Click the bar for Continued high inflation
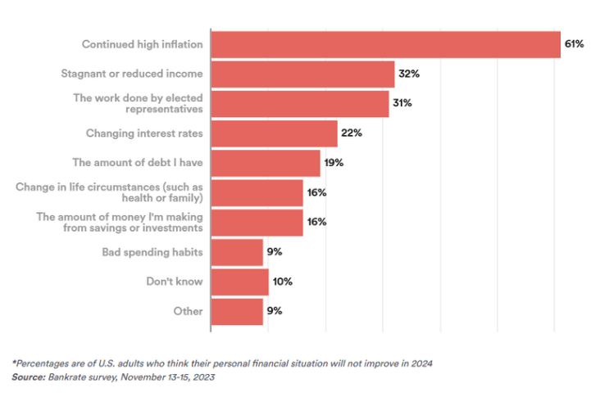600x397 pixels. tap(385, 44)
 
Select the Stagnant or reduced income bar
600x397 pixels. tap(302, 74)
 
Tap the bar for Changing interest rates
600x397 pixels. tap(274, 133)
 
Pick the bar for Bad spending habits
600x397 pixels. tap(237, 252)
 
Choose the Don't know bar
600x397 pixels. tap(239, 282)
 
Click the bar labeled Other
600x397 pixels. tap(237, 311)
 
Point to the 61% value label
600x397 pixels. tap(574, 44)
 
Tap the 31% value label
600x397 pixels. tap(402, 103)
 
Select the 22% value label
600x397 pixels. tap(351, 133)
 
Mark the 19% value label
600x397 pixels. tap(333, 163)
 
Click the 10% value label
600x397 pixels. tap(282, 282)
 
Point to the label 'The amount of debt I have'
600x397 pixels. tap(137, 163)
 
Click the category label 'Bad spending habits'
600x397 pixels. tap(152, 252)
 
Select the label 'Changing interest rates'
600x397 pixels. tap(144, 133)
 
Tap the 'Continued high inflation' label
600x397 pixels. tap(142, 44)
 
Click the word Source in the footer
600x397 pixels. tap(28, 377)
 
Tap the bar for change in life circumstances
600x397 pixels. tap(257, 192)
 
